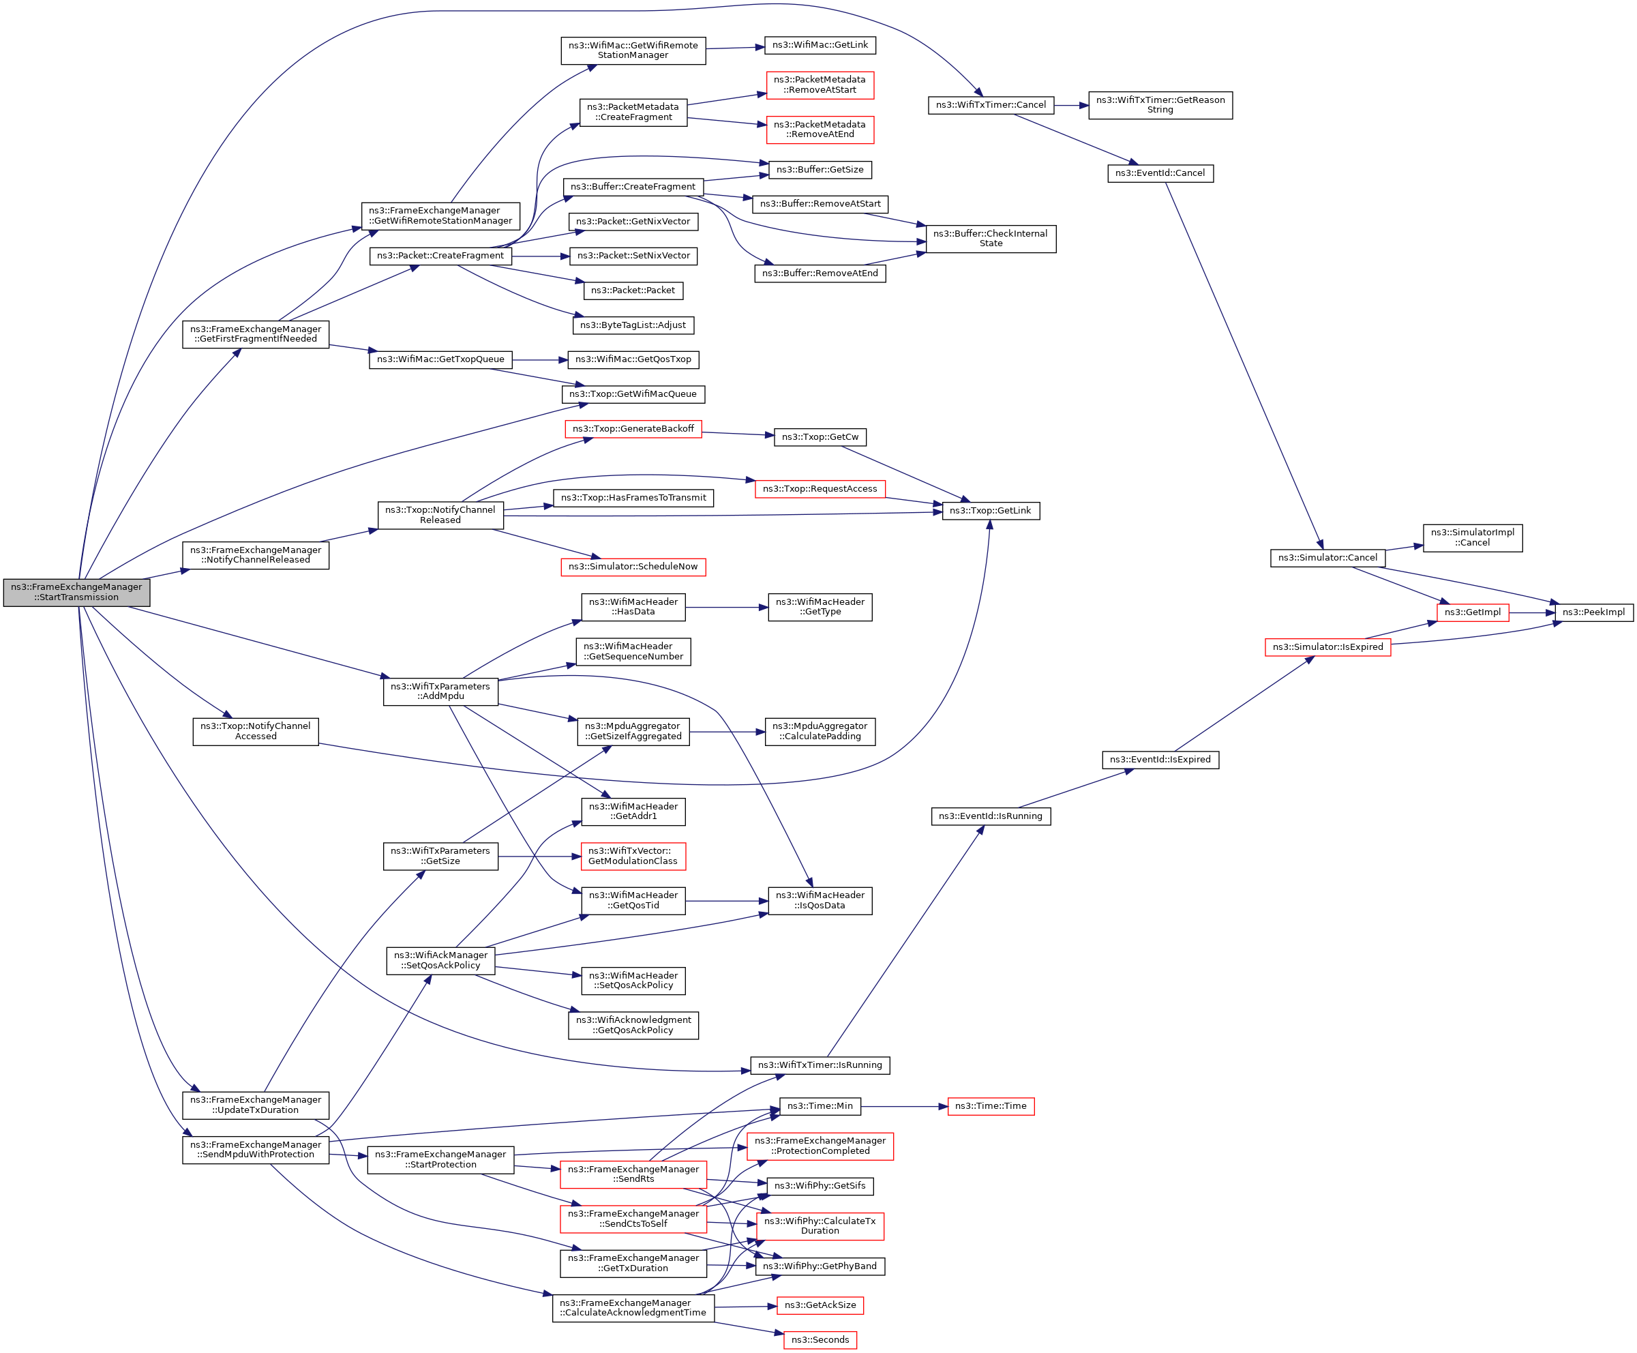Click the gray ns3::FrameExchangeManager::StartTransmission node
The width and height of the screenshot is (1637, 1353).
coord(76,593)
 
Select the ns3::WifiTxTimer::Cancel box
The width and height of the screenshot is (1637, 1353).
coord(990,105)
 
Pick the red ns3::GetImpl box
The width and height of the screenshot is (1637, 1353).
coord(1472,612)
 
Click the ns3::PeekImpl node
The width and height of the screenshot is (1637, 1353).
coord(1593,612)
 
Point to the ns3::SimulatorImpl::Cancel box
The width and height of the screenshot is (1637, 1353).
coord(1472,538)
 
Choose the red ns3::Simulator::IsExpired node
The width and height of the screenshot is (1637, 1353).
coord(1327,647)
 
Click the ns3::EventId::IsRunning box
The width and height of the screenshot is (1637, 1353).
coord(990,816)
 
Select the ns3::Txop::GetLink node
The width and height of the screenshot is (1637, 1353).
coord(990,511)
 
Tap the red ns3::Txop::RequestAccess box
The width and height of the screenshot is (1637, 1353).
coord(820,489)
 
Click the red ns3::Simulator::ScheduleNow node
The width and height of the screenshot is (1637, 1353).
coord(633,567)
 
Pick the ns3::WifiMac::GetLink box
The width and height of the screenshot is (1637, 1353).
coord(820,45)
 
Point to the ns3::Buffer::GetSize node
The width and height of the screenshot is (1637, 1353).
coord(820,170)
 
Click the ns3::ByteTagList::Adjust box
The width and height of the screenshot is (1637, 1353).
coord(633,325)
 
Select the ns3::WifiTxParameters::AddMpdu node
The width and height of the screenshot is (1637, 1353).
coord(440,692)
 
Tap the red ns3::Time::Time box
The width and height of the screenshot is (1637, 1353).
coord(990,1106)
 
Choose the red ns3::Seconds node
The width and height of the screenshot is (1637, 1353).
coord(820,1340)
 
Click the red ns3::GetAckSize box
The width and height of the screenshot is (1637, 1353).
coord(820,1305)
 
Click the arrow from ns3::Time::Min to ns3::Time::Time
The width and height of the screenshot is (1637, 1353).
coord(904,1106)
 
